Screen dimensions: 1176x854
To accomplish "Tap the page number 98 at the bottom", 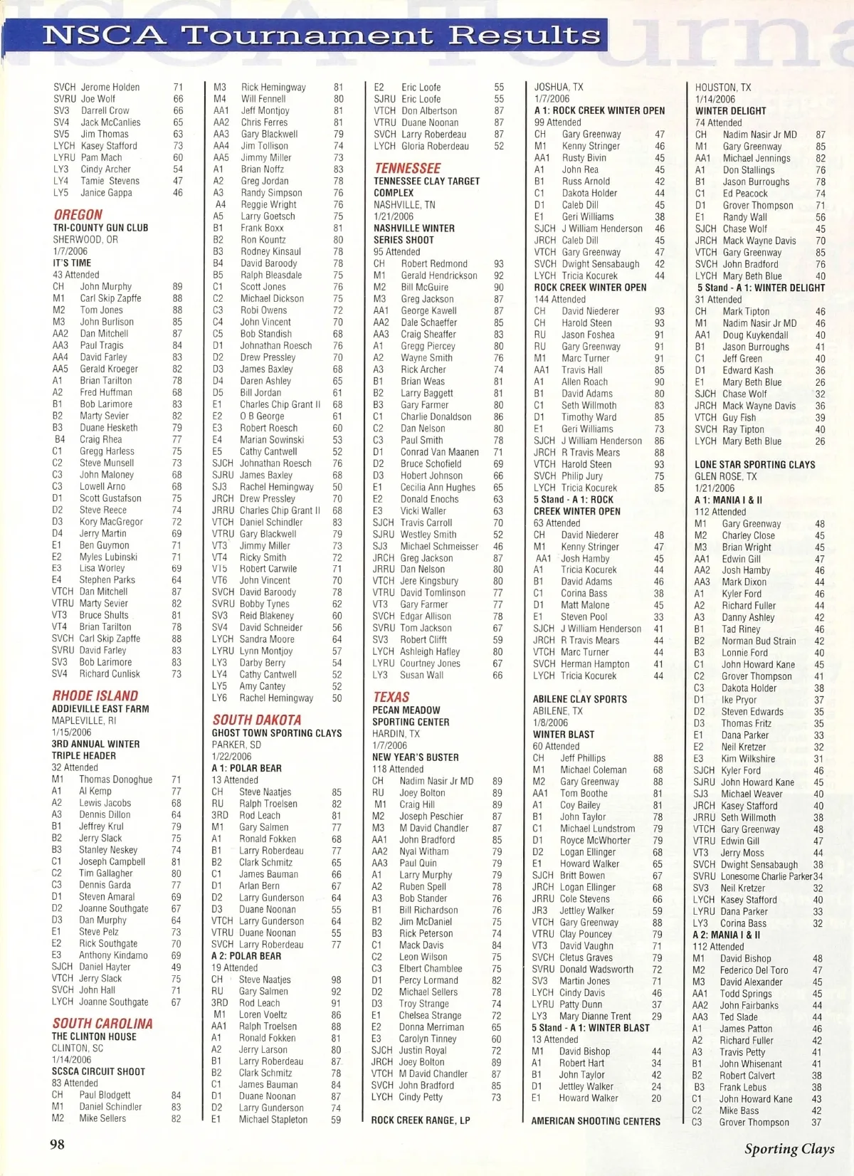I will tap(57, 1144).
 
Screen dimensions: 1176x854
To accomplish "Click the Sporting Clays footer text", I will tap(789, 1148).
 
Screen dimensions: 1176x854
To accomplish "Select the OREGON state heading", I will tap(78, 214).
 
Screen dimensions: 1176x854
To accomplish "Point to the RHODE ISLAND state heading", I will tap(95, 695).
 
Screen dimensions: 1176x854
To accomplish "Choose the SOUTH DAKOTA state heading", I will tap(257, 720).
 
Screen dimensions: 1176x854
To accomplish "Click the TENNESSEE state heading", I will tap(408, 168).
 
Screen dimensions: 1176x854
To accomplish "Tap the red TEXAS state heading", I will tap(391, 697).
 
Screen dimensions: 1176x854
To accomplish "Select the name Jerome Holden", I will tap(110, 87).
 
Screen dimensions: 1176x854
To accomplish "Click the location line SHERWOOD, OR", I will tap(85, 239).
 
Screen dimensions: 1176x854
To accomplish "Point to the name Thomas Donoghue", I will tap(115, 779).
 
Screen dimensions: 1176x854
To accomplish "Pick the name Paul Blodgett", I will tap(105, 1095).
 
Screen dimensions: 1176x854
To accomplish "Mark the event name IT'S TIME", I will tap(72, 263).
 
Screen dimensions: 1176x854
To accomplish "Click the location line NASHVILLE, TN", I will tap(404, 204).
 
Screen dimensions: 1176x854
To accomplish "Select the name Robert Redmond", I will tap(434, 263).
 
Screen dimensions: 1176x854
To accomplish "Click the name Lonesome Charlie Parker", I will tap(766, 876).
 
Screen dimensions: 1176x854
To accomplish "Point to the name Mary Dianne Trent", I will tap(595, 1016).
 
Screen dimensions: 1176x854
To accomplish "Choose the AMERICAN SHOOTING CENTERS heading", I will tap(596, 1121).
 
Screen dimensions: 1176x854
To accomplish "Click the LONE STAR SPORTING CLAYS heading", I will tap(755, 465).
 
